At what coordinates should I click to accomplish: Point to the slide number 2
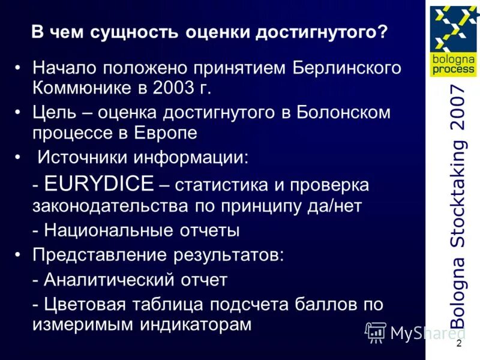pos(458,344)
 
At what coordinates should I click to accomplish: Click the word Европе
pos(166,133)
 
